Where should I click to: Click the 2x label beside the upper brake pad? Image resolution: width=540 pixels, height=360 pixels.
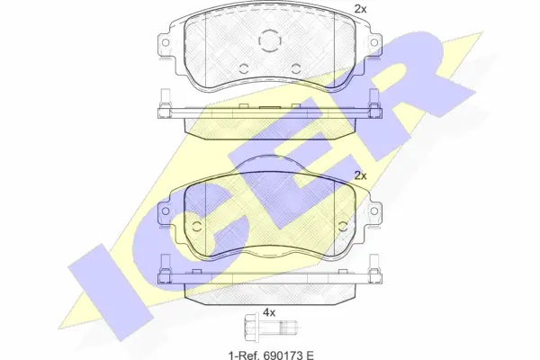click(x=361, y=9)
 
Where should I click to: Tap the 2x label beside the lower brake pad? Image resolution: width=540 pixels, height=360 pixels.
click(x=361, y=175)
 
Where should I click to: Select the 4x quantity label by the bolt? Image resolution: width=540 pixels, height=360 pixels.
click(x=267, y=313)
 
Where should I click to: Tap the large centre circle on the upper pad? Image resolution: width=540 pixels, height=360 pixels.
click(x=269, y=41)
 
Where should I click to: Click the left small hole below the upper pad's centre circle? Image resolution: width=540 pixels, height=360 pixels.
click(x=243, y=68)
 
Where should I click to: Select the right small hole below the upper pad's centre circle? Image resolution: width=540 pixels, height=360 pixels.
click(x=295, y=68)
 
